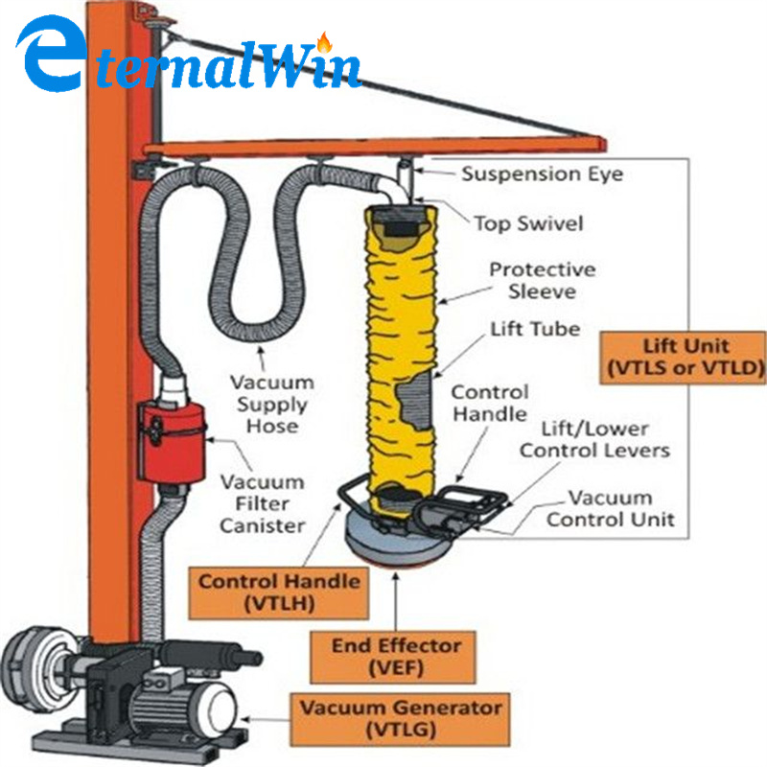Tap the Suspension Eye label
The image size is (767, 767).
(x=542, y=174)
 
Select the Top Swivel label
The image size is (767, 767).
(x=527, y=222)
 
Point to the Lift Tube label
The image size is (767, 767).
(x=534, y=329)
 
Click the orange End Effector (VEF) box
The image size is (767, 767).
(x=396, y=657)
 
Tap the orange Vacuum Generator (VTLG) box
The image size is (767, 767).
(x=398, y=718)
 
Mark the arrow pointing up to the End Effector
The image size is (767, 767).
(x=396, y=599)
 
